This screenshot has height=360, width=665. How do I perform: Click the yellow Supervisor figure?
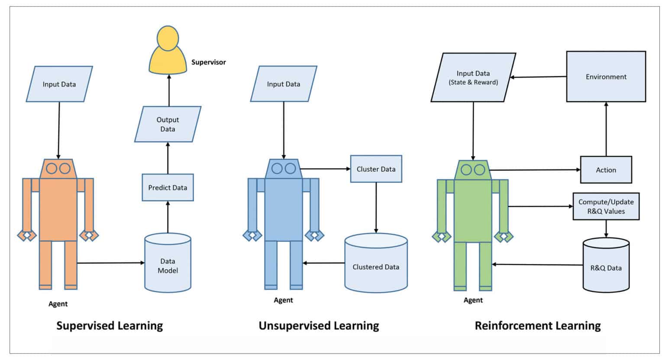pyautogui.click(x=168, y=54)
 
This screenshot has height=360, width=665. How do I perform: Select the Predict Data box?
pyautogui.click(x=168, y=187)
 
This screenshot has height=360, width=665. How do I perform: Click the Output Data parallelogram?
pyautogui.click(x=168, y=124)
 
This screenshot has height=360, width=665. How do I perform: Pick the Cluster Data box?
pyautogui.click(x=376, y=169)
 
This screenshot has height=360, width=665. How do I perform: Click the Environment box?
pyautogui.click(x=606, y=77)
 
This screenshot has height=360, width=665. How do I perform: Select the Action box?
pyautogui.click(x=606, y=170)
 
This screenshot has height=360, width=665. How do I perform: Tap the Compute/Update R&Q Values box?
pyautogui.click(x=606, y=206)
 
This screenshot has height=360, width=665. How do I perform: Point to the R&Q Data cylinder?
pyautogui.click(x=606, y=266)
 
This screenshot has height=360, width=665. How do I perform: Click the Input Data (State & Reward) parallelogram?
pyautogui.click(x=473, y=77)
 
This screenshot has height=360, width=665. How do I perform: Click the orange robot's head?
pyautogui.click(x=58, y=168)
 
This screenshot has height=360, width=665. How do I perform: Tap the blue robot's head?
pyautogui.click(x=284, y=168)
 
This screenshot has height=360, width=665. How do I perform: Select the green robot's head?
pyautogui.click(x=473, y=170)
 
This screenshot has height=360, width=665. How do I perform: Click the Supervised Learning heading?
pyautogui.click(x=110, y=325)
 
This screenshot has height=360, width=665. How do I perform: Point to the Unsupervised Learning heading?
pyautogui.click(x=319, y=325)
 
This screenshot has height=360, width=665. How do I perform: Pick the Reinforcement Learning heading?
pyautogui.click(x=538, y=325)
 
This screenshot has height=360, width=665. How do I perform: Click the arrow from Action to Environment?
pyautogui.click(x=606, y=130)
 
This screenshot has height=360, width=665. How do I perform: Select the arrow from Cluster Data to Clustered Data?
pyautogui.click(x=376, y=208)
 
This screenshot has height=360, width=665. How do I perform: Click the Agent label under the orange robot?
pyautogui.click(x=58, y=304)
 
